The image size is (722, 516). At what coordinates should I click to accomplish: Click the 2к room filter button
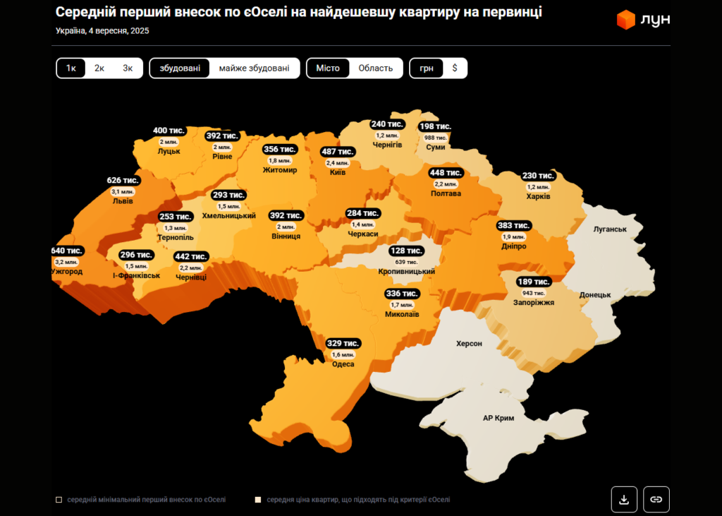coord(99,68)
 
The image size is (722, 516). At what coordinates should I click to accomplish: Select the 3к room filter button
coord(128,68)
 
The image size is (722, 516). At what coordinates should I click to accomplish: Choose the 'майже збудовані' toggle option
coord(254,68)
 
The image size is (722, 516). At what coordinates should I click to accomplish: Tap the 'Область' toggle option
coord(375,68)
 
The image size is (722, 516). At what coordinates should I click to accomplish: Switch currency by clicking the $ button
coord(455,68)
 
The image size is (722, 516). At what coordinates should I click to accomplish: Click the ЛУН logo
coord(643,20)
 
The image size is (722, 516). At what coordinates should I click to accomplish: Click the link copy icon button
coord(656,499)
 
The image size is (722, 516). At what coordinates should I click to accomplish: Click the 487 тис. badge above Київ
coord(337,151)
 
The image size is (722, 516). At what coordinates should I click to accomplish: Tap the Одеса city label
coord(343,364)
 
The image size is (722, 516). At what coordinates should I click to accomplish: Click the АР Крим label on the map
coord(498,418)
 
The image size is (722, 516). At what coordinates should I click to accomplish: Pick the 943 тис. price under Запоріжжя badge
coord(533,292)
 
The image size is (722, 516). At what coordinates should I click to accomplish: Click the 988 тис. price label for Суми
coord(435,138)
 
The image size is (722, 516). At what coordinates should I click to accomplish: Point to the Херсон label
coord(469,343)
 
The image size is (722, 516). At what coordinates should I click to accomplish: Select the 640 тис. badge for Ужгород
coord(67,251)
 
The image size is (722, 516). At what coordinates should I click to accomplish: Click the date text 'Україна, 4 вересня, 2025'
coord(102,31)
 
